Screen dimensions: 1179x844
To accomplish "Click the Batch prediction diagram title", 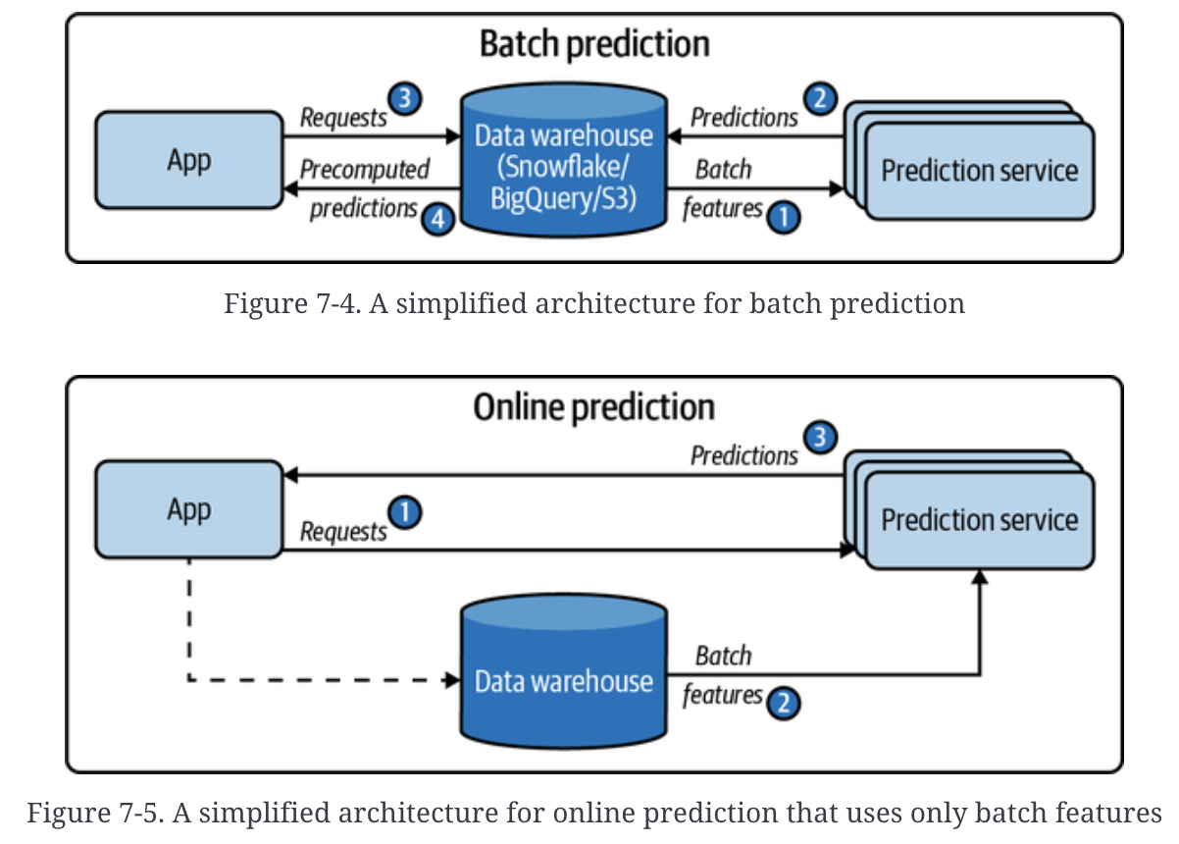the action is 594,44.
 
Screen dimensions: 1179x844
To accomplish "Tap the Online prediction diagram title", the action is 593,407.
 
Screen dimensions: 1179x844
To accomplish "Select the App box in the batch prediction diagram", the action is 189,160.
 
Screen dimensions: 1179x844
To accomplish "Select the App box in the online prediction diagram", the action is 189,509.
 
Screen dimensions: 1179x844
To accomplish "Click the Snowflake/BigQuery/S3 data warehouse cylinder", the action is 564,160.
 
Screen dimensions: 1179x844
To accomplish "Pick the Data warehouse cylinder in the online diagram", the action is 564,671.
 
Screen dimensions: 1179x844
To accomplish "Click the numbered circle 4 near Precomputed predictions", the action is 437,219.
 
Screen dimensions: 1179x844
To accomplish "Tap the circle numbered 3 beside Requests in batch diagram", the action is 405,98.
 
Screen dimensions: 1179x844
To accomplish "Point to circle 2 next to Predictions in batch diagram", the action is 820,98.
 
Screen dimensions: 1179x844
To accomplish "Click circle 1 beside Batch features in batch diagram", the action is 784,218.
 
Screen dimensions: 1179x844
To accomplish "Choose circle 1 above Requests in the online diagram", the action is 405,512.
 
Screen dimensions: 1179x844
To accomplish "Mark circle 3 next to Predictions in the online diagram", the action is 820,437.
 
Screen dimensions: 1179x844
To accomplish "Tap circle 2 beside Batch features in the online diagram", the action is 784,703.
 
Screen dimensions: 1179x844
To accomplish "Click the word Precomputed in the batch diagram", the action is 365,170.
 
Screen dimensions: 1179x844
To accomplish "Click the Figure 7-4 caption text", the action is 594,304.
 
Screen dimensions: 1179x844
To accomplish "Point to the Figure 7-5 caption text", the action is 594,813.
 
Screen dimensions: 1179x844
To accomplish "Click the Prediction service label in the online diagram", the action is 980,520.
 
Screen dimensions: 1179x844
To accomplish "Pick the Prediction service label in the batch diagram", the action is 980,171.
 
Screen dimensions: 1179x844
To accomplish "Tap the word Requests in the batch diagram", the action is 343,118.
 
